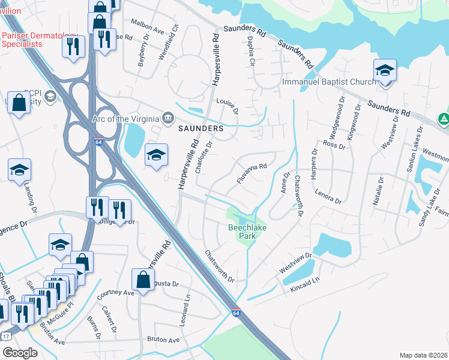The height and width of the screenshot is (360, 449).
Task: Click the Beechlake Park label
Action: click(242, 232)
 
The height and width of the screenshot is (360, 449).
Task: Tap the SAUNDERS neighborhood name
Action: click(201, 128)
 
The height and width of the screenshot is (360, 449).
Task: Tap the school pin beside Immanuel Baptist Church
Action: click(384, 71)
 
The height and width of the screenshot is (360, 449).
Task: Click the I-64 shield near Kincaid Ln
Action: click(236, 313)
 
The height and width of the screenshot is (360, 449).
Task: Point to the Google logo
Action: click(20, 353)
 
